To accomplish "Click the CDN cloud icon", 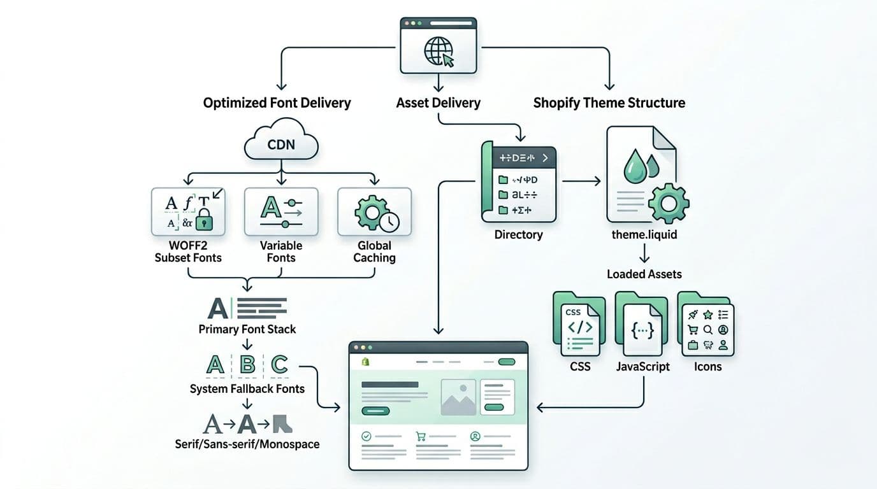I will point(281,143).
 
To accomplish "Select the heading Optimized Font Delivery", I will point(277,103).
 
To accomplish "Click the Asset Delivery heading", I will point(438,103).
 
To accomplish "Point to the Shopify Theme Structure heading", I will point(609,103).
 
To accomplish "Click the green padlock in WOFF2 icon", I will point(205,221).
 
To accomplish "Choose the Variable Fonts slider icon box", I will point(281,211).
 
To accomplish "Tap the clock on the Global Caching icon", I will point(388,221).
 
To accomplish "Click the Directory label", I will point(518,234).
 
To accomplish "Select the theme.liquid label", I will point(644,234).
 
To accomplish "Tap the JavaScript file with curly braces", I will point(642,328).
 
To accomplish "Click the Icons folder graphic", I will point(706,325).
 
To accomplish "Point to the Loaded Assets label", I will point(644,274).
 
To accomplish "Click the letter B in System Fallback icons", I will point(247,365).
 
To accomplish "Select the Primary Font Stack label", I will point(247,329).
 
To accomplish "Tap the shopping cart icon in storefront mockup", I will point(420,437).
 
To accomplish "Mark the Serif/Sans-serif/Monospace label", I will point(247,444).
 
